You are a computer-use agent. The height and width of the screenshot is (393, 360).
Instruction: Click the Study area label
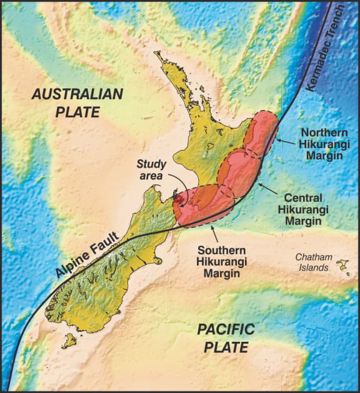click(x=151, y=171)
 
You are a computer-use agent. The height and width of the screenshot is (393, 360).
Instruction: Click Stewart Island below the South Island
click(x=69, y=341)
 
